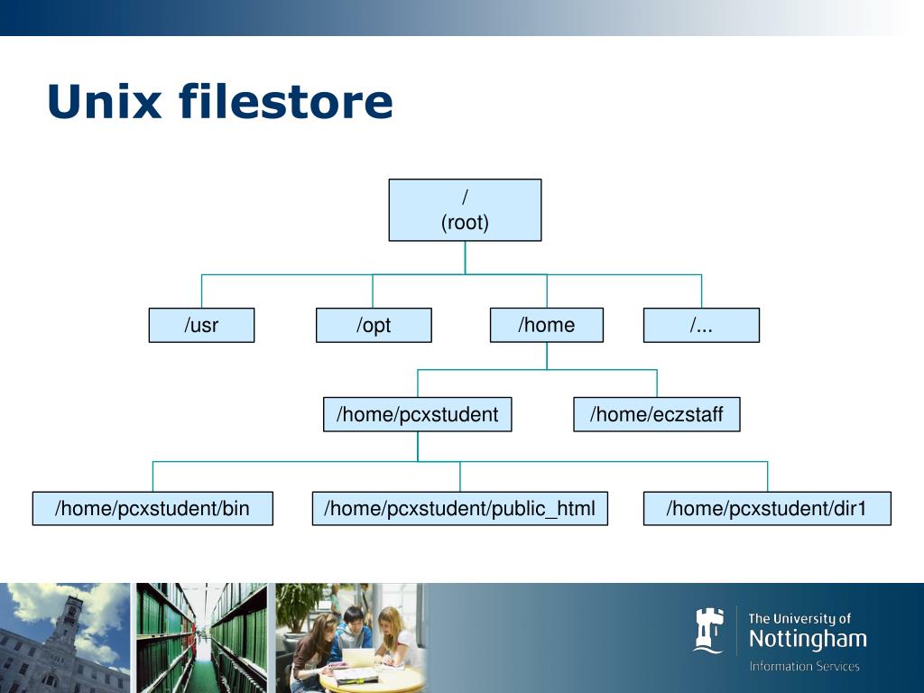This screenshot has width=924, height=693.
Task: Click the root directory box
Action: (465, 209)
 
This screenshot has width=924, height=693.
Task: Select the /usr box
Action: (201, 326)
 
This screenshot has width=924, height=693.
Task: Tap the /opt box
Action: (374, 326)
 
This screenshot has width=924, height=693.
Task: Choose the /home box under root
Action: (546, 325)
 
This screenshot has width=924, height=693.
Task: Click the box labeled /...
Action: (701, 326)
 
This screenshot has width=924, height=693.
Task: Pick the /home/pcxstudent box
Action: (417, 415)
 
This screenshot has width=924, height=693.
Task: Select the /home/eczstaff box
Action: (656, 415)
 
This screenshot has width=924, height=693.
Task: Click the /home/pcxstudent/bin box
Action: (152, 509)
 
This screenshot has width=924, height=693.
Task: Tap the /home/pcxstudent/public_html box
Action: (459, 509)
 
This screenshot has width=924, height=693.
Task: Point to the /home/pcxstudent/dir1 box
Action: (766, 509)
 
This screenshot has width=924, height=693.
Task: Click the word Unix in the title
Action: (104, 101)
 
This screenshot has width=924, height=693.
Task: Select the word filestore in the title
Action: (285, 101)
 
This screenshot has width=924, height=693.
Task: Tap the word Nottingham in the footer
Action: (807, 641)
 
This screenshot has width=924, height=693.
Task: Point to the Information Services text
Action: (804, 667)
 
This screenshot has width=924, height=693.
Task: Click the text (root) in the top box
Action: (465, 223)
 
